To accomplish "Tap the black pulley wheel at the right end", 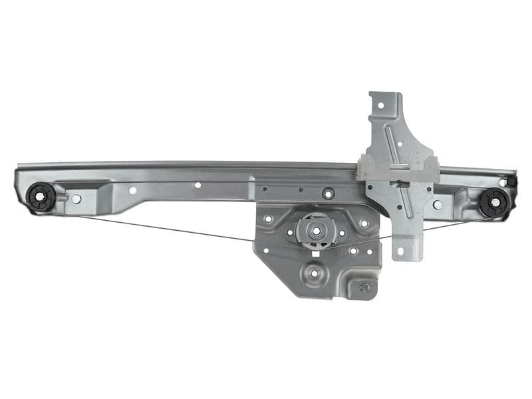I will (494, 201).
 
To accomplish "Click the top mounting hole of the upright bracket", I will (382, 105).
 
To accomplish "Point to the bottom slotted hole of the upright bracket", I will (400, 252).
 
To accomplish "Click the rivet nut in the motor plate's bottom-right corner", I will (364, 287).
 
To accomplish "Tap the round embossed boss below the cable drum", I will (313, 272).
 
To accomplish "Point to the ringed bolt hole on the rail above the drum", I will (327, 194).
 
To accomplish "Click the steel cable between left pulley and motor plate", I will (166, 228).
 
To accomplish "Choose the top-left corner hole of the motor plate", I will (268, 218).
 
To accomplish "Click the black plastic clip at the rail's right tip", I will (511, 180).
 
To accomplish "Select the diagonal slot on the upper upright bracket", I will (398, 142).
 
